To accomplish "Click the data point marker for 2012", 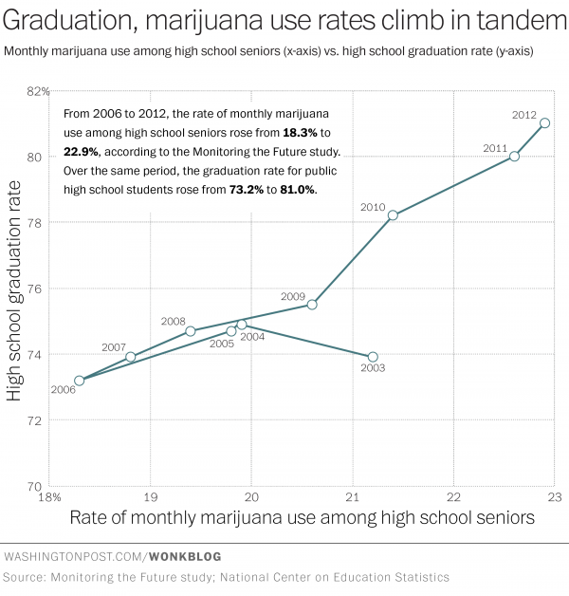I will [x=544, y=122].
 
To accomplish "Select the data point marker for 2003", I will [x=373, y=357].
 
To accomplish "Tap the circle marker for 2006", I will [x=80, y=381].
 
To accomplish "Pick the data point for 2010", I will [x=393, y=215].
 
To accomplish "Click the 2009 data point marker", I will [x=312, y=305].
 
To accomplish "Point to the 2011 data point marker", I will [x=514, y=156].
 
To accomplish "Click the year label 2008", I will [x=174, y=321].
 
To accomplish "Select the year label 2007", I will [x=113, y=347].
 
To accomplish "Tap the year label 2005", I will [x=222, y=344].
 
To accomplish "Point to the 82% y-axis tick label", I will [x=34, y=91].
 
